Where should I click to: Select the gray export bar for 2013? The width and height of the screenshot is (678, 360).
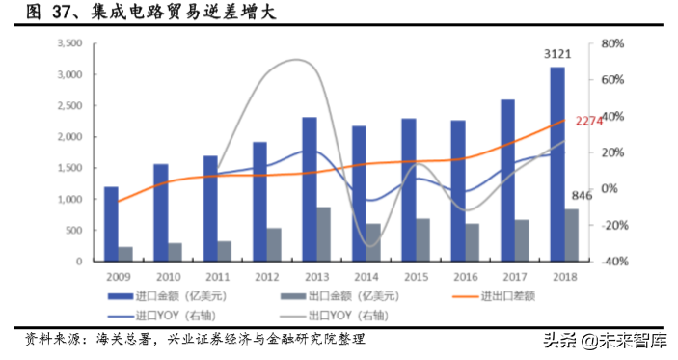coord(324,234)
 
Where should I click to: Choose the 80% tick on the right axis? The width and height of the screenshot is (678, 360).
coord(613,44)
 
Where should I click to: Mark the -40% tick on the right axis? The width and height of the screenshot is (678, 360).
coord(613,262)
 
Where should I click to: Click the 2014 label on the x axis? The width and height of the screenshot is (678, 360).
coord(365,275)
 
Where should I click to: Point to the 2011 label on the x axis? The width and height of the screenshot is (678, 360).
coord(216,275)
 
